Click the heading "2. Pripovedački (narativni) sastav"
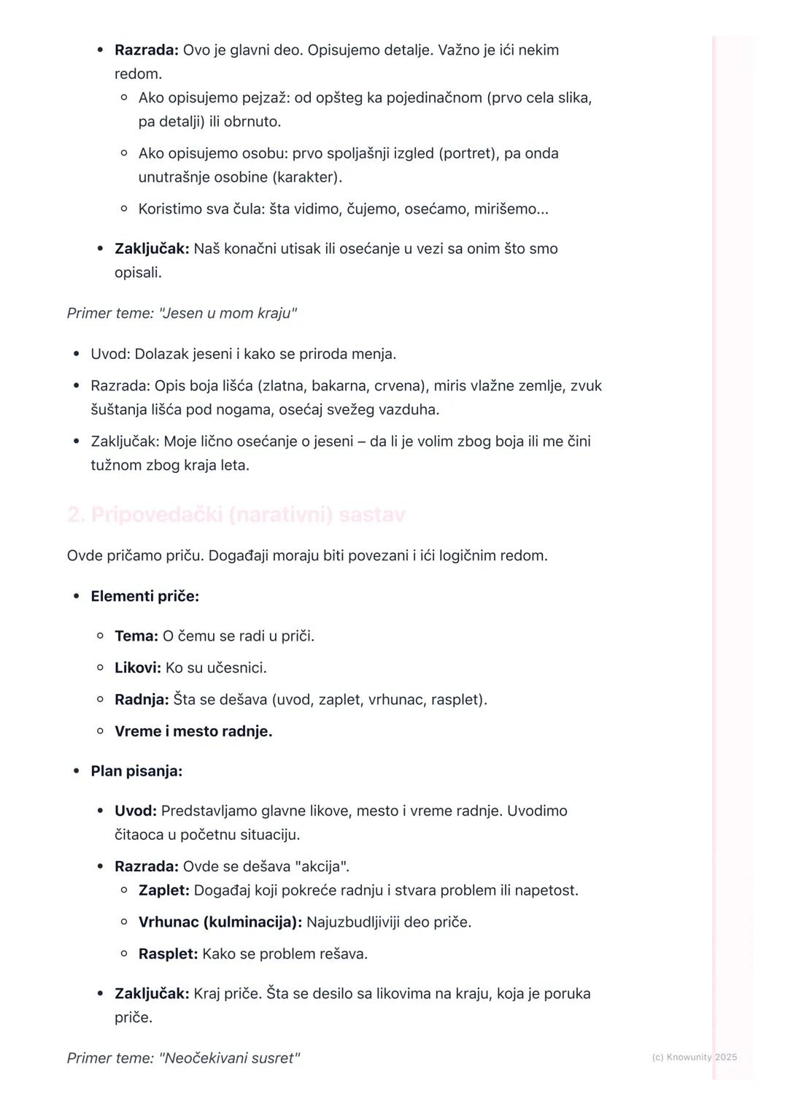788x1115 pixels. (x=236, y=515)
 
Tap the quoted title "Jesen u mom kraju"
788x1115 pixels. (x=228, y=314)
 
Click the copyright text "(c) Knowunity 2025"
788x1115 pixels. (x=694, y=1057)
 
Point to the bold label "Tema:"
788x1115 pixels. (x=136, y=636)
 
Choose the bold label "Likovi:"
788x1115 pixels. (x=138, y=668)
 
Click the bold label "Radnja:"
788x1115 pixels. (x=142, y=700)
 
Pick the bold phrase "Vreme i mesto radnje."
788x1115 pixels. (x=193, y=731)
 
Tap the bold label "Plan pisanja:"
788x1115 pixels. (x=136, y=771)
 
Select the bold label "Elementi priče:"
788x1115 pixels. (x=144, y=596)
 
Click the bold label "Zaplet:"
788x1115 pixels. (x=164, y=890)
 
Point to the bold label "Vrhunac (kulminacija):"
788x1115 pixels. (x=220, y=922)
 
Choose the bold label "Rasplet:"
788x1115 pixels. (x=169, y=954)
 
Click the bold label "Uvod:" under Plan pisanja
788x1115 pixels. (x=136, y=811)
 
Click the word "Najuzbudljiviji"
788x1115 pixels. (x=352, y=922)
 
